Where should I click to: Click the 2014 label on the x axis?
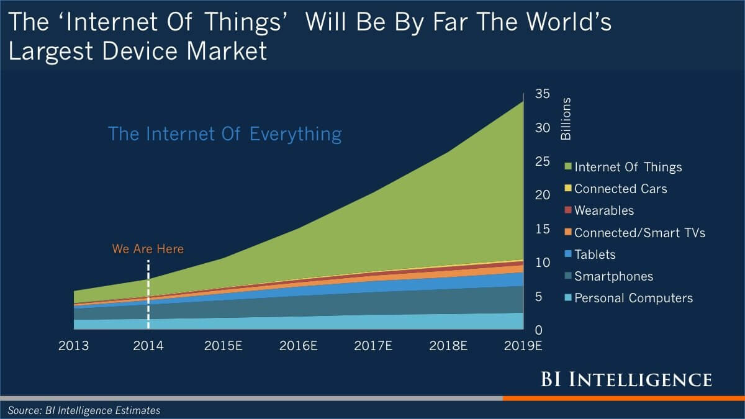point(148,346)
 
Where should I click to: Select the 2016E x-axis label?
point(298,346)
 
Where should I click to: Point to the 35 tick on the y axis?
point(543,94)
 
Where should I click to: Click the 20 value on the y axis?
point(543,196)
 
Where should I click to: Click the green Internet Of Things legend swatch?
point(568,166)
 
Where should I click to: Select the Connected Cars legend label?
point(620,189)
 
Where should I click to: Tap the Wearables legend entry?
point(604,210)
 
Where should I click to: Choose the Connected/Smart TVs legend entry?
point(639,233)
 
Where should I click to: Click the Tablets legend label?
point(595,255)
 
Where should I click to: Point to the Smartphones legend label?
point(613,276)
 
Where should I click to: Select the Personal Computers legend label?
point(633,299)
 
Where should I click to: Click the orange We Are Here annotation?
point(148,249)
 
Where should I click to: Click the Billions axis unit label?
point(566,118)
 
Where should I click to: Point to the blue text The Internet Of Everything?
point(225,134)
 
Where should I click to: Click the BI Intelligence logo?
point(626,379)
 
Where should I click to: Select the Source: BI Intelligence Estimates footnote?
point(84,410)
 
